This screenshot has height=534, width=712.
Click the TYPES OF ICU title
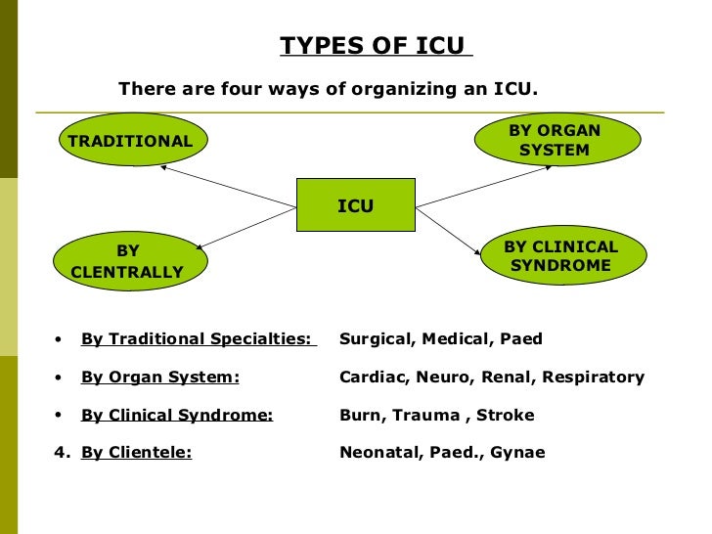[377, 46]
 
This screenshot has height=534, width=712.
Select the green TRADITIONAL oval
[130, 141]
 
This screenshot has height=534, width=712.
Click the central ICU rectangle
[355, 206]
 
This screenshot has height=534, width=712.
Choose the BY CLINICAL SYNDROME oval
[561, 256]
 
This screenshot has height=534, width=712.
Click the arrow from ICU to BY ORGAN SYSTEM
[483, 187]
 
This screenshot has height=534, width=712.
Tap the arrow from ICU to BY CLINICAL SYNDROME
[448, 227]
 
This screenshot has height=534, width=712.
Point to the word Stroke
[506, 415]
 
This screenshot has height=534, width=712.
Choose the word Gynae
[518, 453]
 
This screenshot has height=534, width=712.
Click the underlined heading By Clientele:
[136, 452]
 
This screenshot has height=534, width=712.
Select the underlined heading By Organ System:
[159, 378]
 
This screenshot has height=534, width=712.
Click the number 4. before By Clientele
[62, 452]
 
